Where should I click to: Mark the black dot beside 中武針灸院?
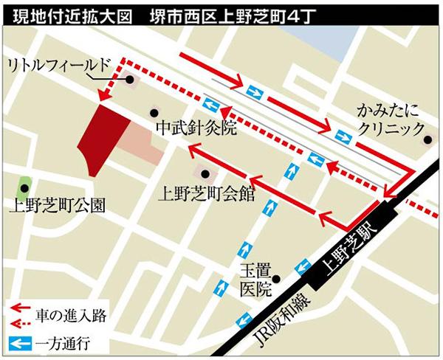(x=154, y=113)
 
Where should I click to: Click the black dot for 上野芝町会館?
(x=205, y=174)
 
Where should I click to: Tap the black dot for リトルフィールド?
(x=129, y=80)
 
